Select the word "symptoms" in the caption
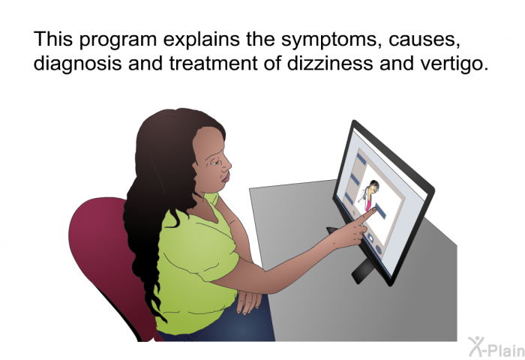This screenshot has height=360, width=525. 331,40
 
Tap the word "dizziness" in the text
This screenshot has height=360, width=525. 329,62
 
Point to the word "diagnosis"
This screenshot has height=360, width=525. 78,63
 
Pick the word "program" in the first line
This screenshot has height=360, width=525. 118,40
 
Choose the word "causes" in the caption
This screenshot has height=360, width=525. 424,40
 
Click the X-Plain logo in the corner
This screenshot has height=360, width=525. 496,347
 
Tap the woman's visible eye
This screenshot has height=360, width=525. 213,163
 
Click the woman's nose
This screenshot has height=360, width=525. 227,163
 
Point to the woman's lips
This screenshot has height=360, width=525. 226,178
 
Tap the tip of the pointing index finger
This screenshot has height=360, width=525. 374,210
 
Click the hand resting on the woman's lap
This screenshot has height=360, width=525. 248,301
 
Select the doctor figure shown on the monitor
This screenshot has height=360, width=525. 369,195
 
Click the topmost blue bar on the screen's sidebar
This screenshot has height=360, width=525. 361,158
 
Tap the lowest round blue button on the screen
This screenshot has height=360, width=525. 379,250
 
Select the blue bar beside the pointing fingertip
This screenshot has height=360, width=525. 381,211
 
